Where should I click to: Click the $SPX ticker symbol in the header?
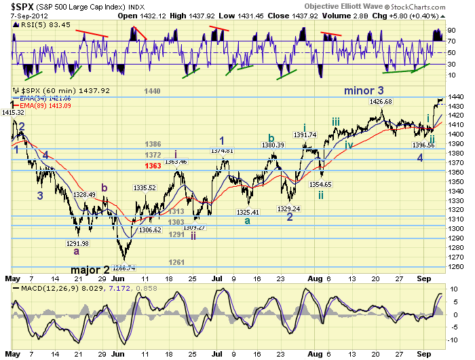[20, 5]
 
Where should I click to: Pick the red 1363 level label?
[153, 166]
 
